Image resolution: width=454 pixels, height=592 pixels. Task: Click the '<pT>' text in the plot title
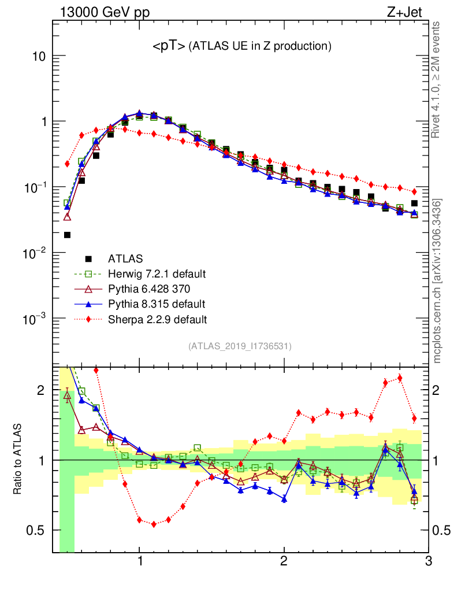(x=169, y=46)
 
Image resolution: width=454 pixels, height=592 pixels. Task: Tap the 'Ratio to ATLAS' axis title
(x=18, y=459)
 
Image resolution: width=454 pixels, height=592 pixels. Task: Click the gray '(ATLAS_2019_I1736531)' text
(x=240, y=346)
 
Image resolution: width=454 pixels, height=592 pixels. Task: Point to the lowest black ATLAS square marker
(x=67, y=235)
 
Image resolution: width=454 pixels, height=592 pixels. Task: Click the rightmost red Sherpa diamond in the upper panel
(x=414, y=191)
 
